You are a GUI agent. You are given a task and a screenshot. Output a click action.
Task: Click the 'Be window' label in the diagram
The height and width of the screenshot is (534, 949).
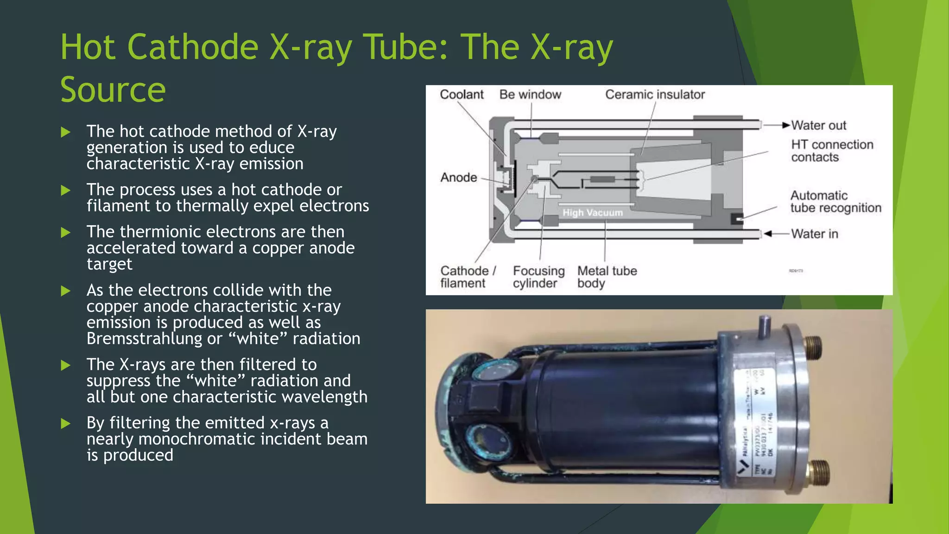tap(530, 95)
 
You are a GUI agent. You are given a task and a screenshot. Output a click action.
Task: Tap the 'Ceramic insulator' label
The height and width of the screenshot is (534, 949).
tap(655, 95)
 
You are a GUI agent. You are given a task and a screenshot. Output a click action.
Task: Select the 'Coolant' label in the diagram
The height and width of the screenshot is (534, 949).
tap(462, 95)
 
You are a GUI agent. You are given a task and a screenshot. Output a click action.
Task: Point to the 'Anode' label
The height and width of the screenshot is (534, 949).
tap(459, 178)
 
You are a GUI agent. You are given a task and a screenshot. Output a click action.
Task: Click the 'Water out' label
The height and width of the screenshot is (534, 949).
tap(818, 126)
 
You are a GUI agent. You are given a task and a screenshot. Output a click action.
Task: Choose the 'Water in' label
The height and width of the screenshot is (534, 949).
tap(815, 234)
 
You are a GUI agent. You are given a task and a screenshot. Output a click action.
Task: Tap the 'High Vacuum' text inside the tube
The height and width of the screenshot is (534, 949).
tap(593, 213)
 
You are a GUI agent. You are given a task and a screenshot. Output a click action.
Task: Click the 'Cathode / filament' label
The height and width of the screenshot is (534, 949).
tap(467, 277)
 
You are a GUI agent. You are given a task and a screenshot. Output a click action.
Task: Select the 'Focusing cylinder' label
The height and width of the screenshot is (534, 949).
tap(538, 277)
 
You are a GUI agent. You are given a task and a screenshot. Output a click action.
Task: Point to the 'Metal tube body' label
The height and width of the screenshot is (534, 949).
tap(607, 277)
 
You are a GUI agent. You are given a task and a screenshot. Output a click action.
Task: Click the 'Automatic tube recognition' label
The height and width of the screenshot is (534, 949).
tap(835, 202)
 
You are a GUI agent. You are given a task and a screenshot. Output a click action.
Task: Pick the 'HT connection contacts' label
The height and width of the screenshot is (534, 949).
tap(832, 151)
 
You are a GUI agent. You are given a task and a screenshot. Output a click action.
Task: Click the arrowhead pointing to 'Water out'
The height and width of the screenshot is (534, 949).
tap(786, 125)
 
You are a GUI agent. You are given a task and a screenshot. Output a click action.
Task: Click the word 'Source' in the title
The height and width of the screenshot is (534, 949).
tap(113, 89)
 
